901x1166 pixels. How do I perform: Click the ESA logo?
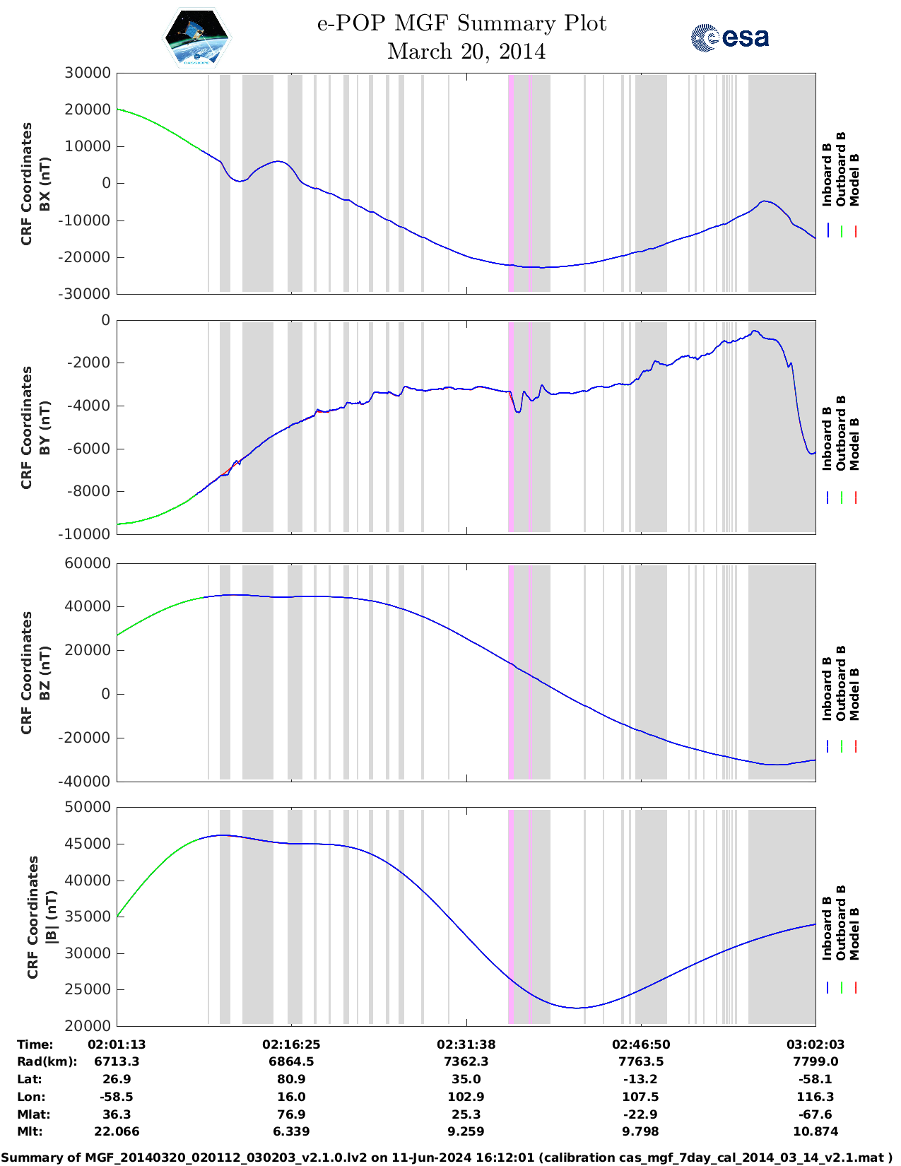tap(730, 37)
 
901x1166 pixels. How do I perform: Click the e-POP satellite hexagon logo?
tap(196, 37)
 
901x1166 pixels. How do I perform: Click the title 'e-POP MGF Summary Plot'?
tap(461, 23)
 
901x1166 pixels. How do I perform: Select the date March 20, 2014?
tap(466, 52)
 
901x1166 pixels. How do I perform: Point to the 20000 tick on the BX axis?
tap(88, 110)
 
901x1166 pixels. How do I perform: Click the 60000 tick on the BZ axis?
tap(88, 563)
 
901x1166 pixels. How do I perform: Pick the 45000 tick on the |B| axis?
tap(88, 844)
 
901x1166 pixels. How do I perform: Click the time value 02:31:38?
tap(466, 1044)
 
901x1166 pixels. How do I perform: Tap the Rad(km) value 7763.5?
tap(640, 1061)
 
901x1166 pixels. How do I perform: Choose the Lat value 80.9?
tap(291, 1079)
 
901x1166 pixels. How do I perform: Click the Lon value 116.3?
tap(815, 1097)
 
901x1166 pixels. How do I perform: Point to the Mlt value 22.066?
tap(117, 1131)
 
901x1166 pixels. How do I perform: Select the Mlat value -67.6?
tap(815, 1114)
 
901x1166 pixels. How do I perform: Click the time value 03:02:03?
tap(815, 1044)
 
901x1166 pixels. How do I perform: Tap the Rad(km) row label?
tap(47, 1061)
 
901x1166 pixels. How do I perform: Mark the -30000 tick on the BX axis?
tap(87, 293)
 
